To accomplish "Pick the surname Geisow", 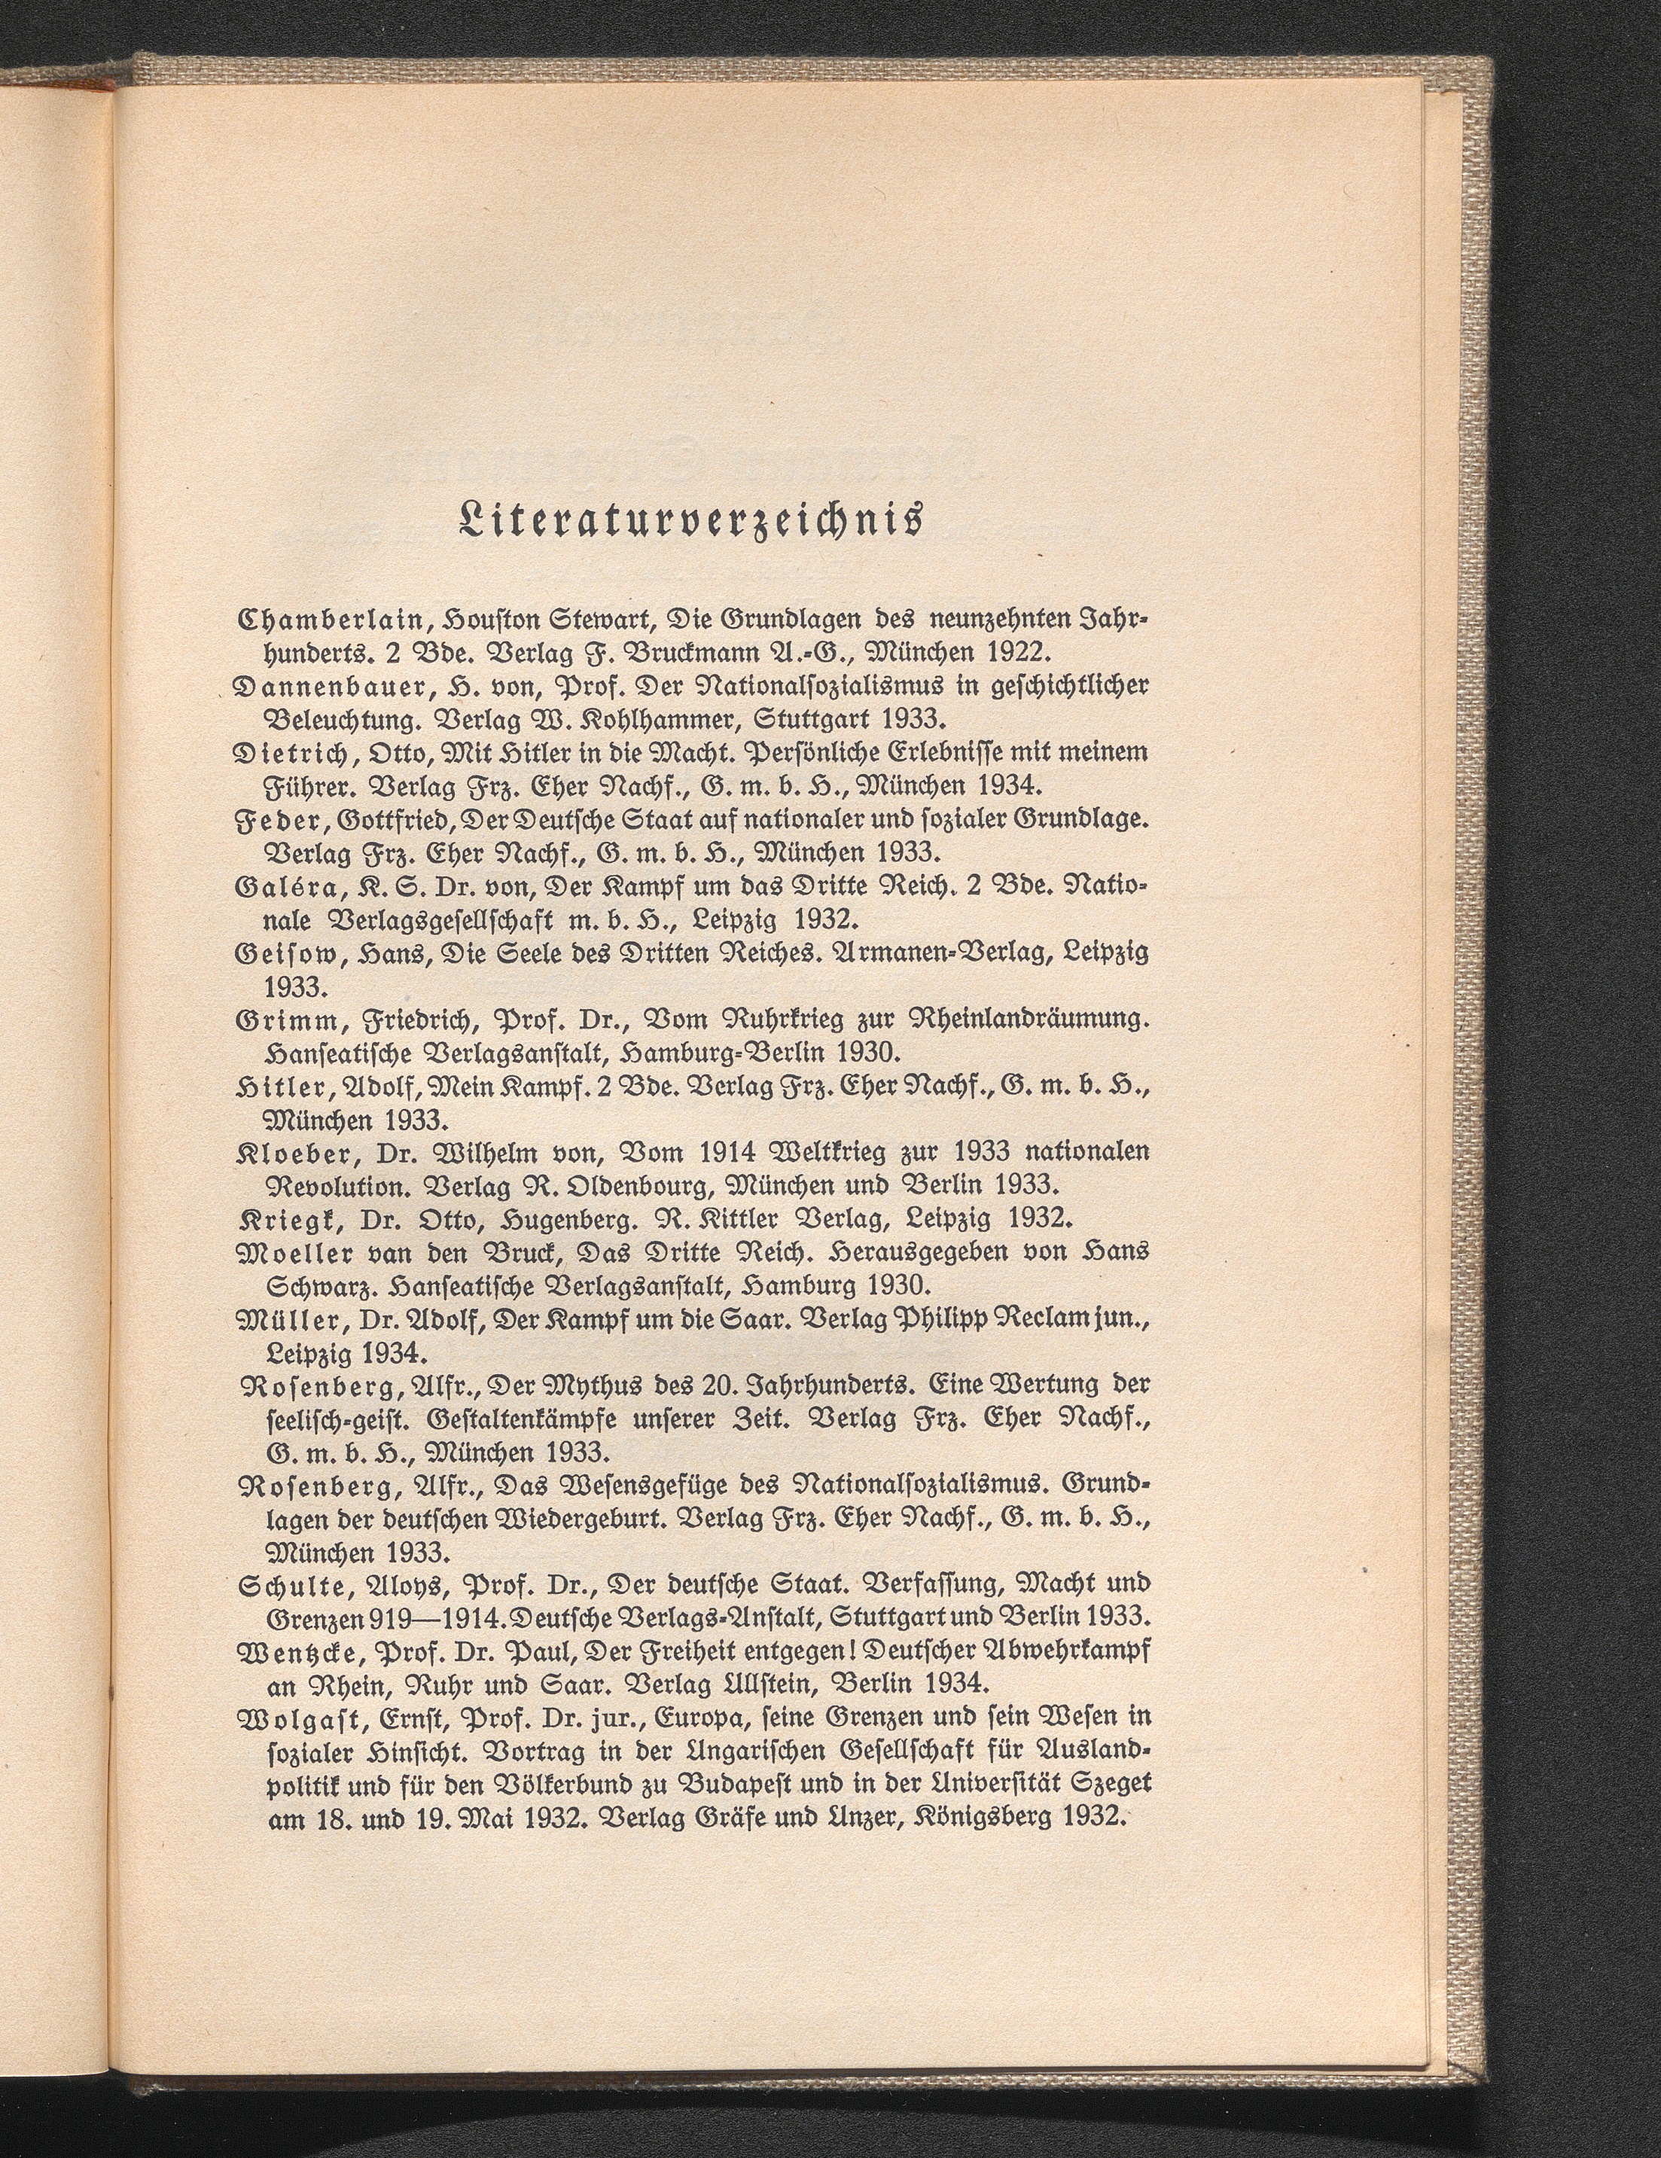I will (x=278, y=953).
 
